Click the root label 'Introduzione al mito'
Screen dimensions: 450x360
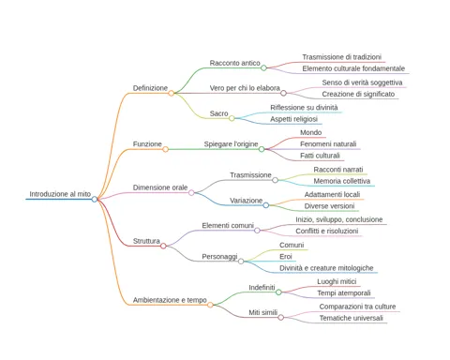(60, 194)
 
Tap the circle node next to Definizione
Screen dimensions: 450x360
(172, 93)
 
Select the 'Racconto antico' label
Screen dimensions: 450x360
(234, 63)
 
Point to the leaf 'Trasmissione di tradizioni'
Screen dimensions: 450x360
(341, 57)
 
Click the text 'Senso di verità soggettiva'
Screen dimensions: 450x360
(362, 82)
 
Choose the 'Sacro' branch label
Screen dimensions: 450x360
(218, 113)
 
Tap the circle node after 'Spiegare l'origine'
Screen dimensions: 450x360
(262, 149)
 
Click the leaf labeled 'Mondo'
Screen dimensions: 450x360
(310, 132)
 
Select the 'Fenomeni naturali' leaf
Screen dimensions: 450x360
(328, 144)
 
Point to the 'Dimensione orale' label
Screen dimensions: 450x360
(160, 187)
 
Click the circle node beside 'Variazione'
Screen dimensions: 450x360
(266, 205)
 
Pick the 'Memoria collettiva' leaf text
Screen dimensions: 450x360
(342, 181)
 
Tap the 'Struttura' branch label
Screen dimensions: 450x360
(146, 241)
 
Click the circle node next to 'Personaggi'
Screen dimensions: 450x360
(241, 262)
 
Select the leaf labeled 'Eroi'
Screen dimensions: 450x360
(286, 257)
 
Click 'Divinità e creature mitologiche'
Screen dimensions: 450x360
(326, 268)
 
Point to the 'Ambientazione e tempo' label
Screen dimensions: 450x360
(170, 300)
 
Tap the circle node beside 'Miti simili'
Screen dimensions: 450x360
(281, 318)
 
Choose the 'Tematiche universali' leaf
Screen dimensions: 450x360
(351, 318)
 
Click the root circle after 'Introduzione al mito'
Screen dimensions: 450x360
(95, 199)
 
